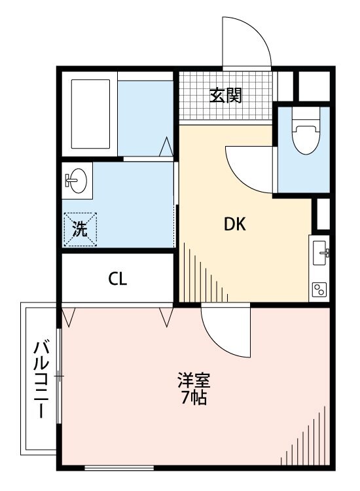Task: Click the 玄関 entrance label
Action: pos(226,96)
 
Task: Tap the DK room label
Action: pos(234,225)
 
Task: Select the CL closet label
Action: pos(118,279)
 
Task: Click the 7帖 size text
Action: pos(194,397)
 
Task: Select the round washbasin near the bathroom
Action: pos(77,181)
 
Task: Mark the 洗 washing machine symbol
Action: pos(80,229)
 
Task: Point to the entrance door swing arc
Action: pos(247,41)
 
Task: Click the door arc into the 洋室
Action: pos(226,331)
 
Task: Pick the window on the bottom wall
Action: pos(120,467)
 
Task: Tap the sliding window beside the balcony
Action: pos(59,376)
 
